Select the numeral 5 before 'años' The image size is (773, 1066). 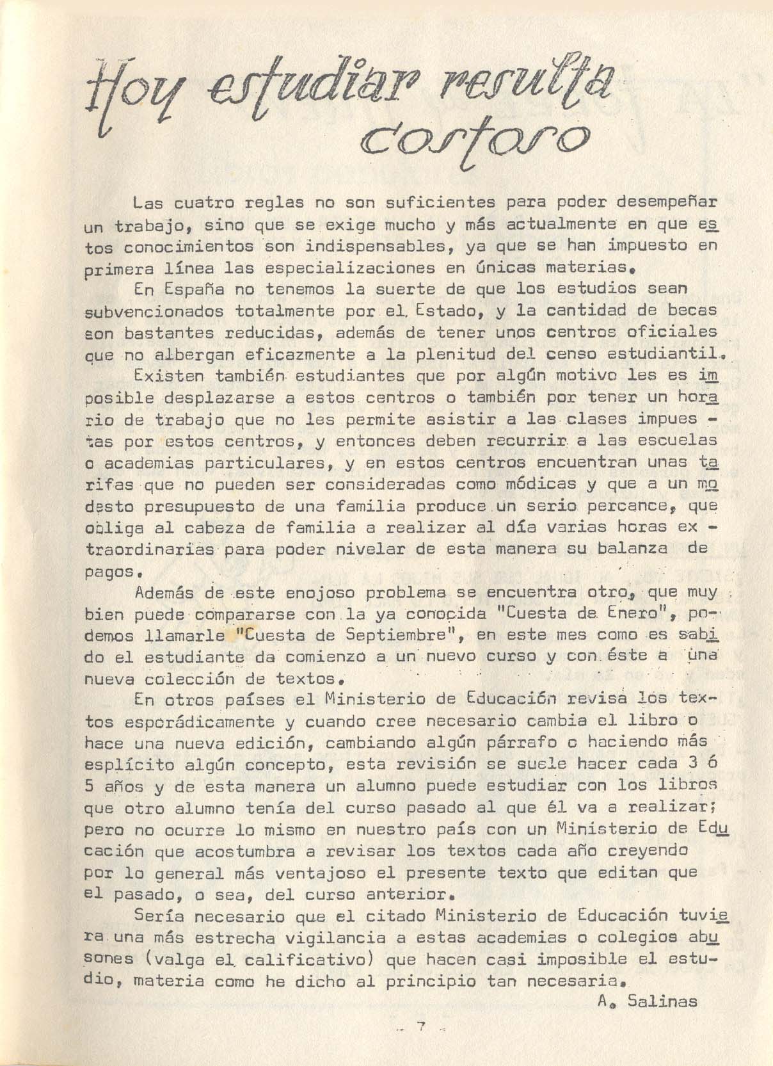coord(90,786)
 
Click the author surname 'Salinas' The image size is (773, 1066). coord(662,1001)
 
